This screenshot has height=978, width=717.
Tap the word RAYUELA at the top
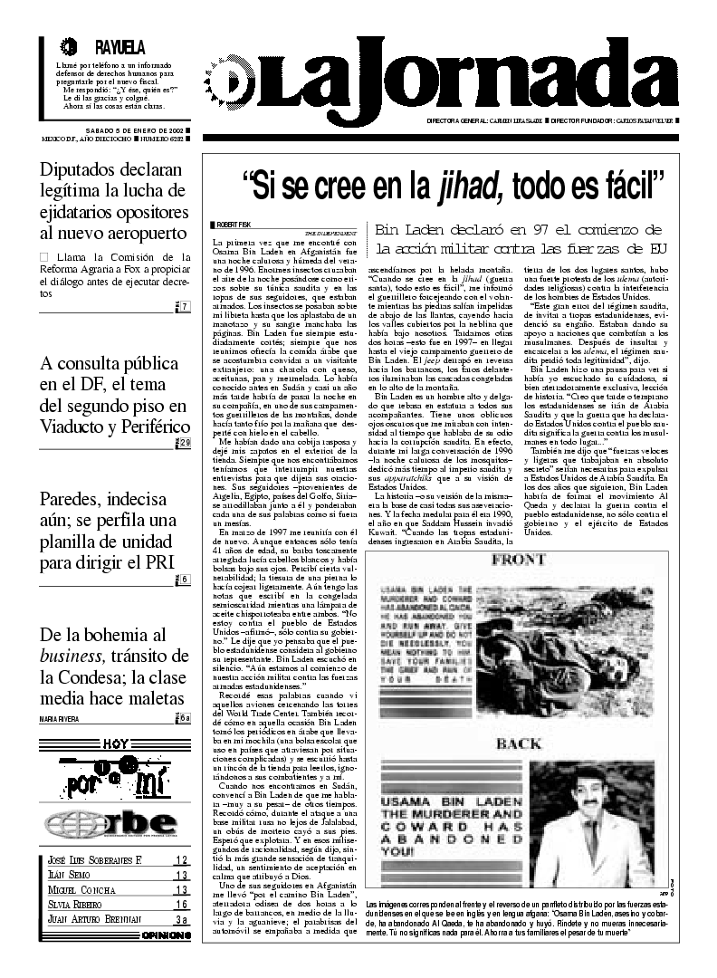tap(119, 47)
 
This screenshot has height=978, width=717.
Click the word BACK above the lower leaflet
tap(517, 745)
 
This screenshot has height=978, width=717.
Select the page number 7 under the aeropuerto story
tap(184, 307)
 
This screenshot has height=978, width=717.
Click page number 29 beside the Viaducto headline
tap(183, 443)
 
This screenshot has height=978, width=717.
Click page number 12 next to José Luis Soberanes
tap(181, 860)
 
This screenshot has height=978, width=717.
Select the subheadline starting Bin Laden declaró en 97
tap(519, 238)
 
